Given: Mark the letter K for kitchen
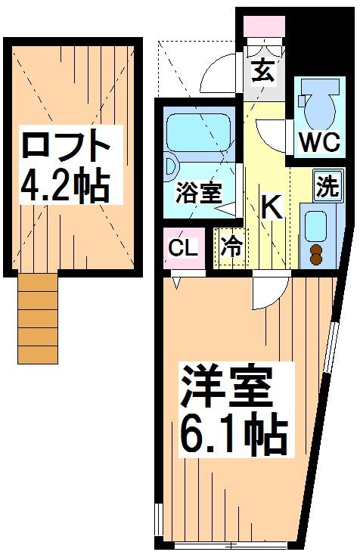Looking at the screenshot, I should (271, 206).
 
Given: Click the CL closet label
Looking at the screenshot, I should (182, 247).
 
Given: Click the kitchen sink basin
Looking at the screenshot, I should (314, 224).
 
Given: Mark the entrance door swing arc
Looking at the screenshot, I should (219, 76).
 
